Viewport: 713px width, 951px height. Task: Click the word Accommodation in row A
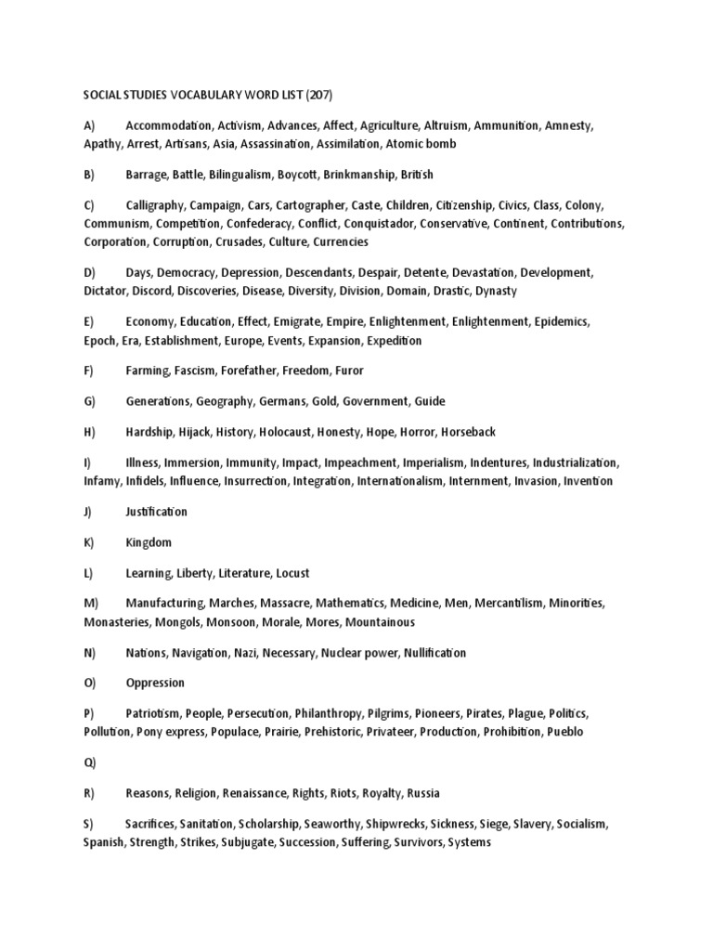(x=168, y=124)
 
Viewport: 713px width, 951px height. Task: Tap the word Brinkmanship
(x=359, y=175)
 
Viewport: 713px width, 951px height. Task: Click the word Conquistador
(x=376, y=224)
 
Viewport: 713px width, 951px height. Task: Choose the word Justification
(x=156, y=512)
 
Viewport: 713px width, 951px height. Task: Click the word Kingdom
(x=149, y=542)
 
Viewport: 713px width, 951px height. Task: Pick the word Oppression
(x=155, y=683)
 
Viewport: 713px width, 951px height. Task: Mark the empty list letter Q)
(x=89, y=762)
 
